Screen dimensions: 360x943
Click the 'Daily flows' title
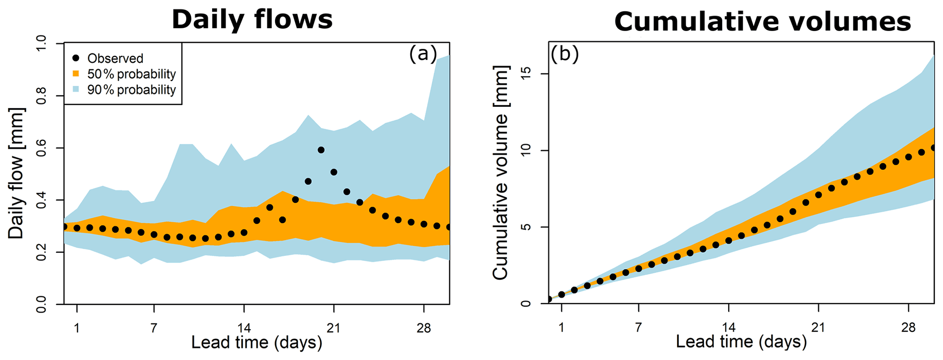coord(252,20)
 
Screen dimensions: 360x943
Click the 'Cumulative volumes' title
coord(762,22)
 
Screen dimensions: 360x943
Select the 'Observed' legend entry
coord(115,58)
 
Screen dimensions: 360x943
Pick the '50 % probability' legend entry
coord(131,74)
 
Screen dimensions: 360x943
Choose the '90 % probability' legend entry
coord(131,90)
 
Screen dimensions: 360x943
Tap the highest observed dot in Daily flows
coord(321,150)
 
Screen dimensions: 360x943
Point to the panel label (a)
coord(422,54)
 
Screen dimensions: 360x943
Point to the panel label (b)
coord(564,54)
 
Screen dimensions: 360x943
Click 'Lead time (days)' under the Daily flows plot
coord(256,342)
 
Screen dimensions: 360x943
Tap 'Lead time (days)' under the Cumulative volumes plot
coord(741,342)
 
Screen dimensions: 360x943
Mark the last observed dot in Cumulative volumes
coord(933,148)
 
